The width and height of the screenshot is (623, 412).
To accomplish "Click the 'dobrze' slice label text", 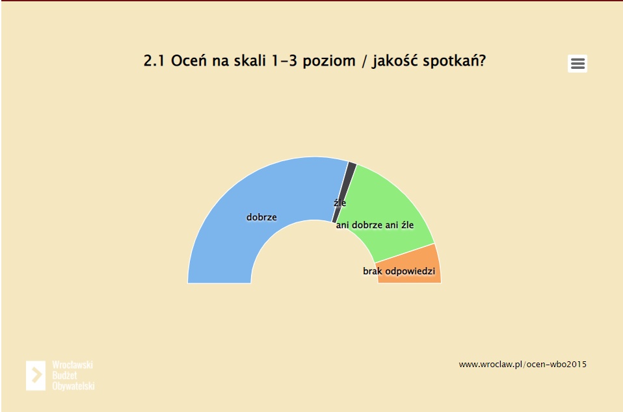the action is pos(261,217).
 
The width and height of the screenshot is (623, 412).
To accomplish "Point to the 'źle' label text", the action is pos(339,203).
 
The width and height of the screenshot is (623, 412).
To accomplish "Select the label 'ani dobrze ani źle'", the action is pos(375,225).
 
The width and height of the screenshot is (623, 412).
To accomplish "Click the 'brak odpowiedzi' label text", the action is pos(399,271).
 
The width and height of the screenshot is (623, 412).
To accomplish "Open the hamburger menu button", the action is pos(577,64).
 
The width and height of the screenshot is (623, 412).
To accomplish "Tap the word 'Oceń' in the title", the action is pos(189,60).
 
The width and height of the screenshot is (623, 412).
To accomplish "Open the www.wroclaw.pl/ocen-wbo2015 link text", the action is pos(522,365).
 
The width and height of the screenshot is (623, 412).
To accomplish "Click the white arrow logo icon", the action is pos(36,376).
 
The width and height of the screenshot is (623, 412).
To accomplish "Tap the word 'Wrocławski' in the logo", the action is pos(72,365).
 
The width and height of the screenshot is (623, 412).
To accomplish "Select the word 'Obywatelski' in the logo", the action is pos(73,386).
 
